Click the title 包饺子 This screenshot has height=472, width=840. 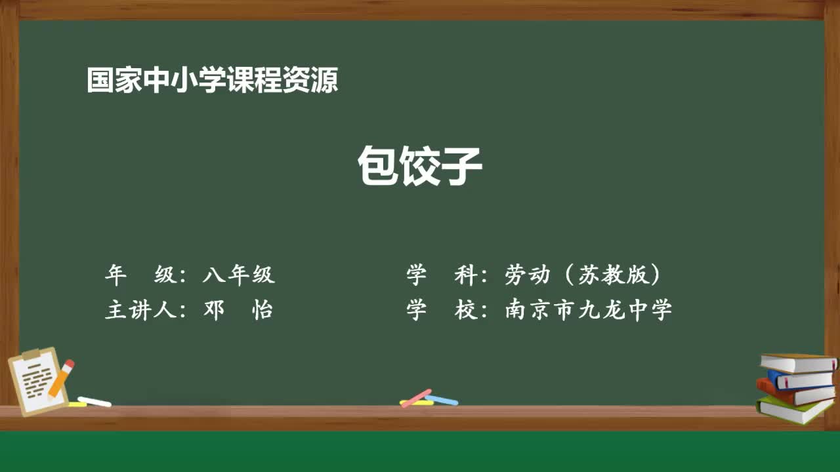pyautogui.click(x=420, y=167)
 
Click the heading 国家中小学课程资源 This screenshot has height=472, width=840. pyautogui.click(x=212, y=81)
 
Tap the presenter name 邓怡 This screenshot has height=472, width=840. pyautogui.click(x=238, y=309)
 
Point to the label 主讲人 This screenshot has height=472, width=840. pyautogui.click(x=140, y=309)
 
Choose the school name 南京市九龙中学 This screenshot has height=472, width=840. pyautogui.click(x=588, y=309)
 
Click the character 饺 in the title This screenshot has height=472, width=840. pyautogui.click(x=420, y=167)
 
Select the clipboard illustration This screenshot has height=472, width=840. pyautogui.click(x=37, y=382)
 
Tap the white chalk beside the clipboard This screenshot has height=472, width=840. pyautogui.click(x=94, y=401)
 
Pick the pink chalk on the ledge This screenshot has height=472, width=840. pyautogui.click(x=416, y=397)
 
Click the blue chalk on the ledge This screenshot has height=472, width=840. pyautogui.click(x=442, y=399)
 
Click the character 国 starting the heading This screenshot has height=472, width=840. pyautogui.click(x=98, y=81)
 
